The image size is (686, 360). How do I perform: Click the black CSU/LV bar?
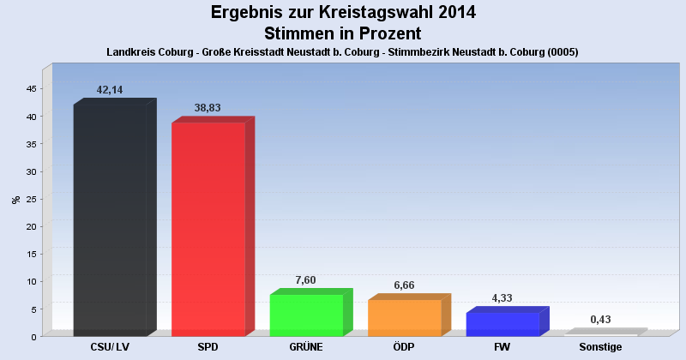[110, 220]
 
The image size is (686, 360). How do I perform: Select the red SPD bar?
[208, 229]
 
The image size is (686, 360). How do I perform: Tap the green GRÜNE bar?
[306, 315]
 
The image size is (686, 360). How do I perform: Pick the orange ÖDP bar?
[404, 317]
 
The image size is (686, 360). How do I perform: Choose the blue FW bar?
[502, 324]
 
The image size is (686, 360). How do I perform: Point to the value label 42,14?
[111, 89]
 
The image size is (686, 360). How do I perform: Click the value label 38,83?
[208, 107]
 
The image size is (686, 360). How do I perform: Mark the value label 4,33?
[502, 297]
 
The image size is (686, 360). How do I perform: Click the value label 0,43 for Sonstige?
[600, 319]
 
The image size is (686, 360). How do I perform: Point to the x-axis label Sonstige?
[600, 348]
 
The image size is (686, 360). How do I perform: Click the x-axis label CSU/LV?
[110, 348]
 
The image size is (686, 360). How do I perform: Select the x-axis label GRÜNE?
[306, 348]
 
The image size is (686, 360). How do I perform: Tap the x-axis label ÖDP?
[404, 348]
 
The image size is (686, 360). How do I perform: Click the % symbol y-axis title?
[15, 199]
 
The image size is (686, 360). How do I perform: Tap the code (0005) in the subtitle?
[559, 51]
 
